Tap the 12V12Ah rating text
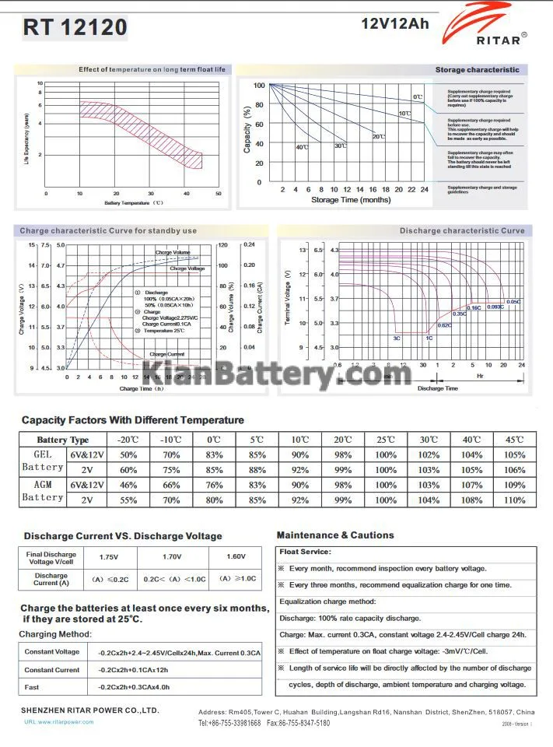[x=395, y=23]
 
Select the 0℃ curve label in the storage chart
[x=418, y=96]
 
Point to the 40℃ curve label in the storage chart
[x=302, y=147]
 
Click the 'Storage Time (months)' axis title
[x=351, y=200]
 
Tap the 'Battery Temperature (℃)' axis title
[x=133, y=203]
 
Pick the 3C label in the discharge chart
[x=397, y=338]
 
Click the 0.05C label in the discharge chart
[x=513, y=301]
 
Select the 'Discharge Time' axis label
[x=439, y=388]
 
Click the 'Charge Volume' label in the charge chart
[x=172, y=253]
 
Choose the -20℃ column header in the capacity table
[x=128, y=440]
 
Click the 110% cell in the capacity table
[x=515, y=500]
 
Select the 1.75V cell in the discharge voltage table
[x=109, y=556]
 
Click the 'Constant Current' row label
[x=51, y=669]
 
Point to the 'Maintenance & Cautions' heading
[x=335, y=535]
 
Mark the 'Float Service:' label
[x=305, y=551]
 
